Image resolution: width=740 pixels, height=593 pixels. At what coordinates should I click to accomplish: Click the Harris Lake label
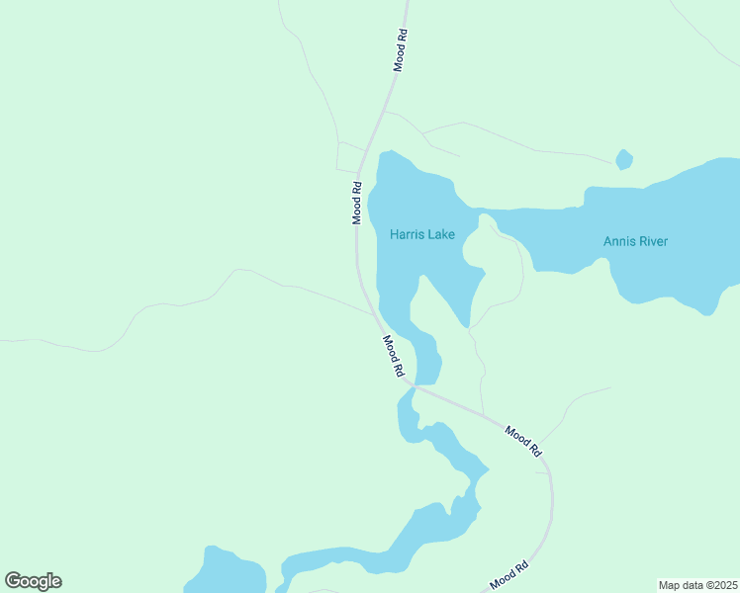coord(422,234)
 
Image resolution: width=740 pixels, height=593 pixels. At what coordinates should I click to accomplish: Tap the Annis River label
coord(635,241)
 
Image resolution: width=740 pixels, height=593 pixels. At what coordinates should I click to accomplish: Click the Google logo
coord(33,581)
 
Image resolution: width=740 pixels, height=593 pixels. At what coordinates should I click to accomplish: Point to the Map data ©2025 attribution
coord(698,585)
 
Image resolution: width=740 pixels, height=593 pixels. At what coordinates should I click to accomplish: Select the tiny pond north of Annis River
coord(623,159)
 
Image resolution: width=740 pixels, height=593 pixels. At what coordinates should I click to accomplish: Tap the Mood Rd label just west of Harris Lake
coord(357,203)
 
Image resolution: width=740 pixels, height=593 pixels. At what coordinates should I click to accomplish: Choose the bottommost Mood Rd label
coord(509,575)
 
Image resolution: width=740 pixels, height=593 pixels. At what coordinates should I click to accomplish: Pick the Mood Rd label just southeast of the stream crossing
coord(523,440)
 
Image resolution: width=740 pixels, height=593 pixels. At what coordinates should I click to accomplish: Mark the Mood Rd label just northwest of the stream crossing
coord(394,356)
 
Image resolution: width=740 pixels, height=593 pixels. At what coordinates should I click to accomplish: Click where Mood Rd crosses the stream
coord(416,386)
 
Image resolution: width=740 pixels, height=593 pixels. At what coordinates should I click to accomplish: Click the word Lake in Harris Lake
coord(441,234)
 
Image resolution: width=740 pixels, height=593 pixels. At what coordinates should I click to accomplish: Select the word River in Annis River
coord(652,241)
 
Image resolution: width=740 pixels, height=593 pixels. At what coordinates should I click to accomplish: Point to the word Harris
coord(407,234)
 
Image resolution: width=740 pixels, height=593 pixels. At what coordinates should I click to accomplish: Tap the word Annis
coord(617,241)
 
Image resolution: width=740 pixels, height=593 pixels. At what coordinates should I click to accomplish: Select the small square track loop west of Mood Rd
coord(347,156)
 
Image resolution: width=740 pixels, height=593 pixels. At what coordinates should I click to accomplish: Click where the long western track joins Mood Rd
coord(373,313)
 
